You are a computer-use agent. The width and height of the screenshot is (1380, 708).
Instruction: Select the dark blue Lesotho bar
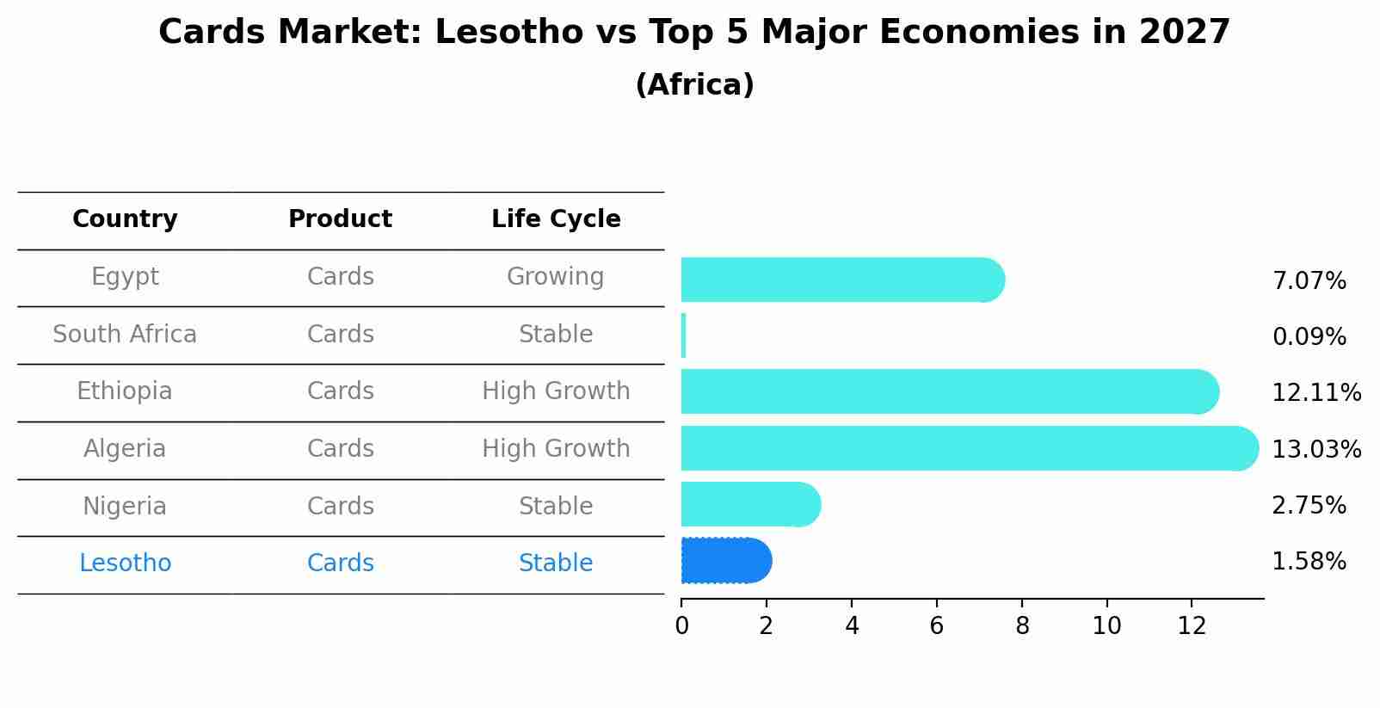(x=726, y=561)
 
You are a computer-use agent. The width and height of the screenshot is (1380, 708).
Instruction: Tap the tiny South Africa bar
(x=684, y=336)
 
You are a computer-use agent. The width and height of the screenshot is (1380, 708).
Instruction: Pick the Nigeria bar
(x=750, y=504)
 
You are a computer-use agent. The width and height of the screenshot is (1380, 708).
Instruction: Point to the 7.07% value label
(x=1309, y=281)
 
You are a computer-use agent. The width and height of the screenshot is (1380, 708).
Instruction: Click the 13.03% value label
(x=1315, y=450)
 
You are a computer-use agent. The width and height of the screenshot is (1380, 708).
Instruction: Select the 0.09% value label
(x=1309, y=337)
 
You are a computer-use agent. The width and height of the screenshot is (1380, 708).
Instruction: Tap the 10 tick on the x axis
(x=1106, y=626)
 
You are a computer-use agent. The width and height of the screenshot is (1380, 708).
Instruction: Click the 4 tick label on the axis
(x=852, y=626)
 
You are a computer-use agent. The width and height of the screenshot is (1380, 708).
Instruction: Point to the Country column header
(x=125, y=219)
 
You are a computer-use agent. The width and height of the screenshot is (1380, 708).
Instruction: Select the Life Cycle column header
(x=556, y=219)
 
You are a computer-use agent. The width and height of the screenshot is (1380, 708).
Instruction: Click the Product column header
(x=340, y=219)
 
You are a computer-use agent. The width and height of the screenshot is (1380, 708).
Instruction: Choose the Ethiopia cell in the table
(x=125, y=391)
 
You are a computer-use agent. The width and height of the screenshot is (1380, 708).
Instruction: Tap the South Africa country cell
(x=125, y=335)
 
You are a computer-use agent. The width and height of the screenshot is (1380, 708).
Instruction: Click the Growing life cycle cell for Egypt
(x=556, y=277)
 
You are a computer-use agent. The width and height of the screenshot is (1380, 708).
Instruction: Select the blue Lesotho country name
(x=125, y=563)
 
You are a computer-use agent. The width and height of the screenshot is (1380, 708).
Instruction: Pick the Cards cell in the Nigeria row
(x=340, y=507)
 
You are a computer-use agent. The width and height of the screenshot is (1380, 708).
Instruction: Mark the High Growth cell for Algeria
(x=556, y=449)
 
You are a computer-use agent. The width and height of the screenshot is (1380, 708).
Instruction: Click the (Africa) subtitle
(x=694, y=85)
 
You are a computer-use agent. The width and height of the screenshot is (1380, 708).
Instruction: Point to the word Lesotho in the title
(x=509, y=33)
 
